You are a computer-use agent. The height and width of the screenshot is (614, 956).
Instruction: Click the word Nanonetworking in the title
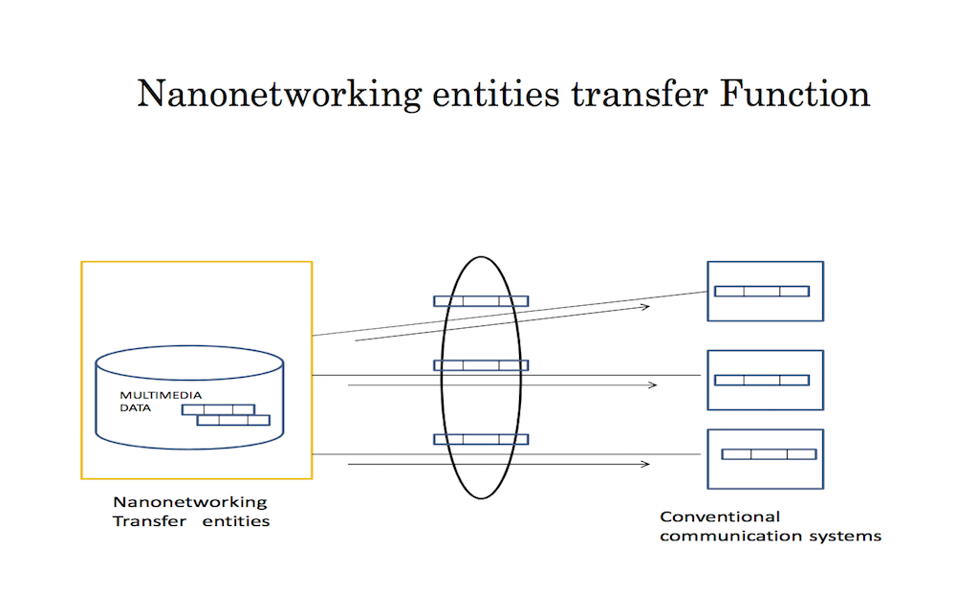[278, 95]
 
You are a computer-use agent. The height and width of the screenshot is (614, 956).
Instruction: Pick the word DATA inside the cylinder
[136, 408]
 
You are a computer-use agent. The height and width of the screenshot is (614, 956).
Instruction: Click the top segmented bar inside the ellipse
[481, 301]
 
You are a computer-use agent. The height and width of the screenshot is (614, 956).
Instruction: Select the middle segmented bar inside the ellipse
[481, 365]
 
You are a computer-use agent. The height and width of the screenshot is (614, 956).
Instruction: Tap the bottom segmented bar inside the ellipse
[481, 439]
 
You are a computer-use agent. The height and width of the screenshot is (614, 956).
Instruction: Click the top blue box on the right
[764, 291]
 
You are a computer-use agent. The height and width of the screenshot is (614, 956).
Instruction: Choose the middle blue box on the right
[764, 380]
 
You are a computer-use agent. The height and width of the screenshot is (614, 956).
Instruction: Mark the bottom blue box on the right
[764, 458]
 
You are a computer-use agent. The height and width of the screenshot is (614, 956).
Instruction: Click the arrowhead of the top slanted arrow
[646, 307]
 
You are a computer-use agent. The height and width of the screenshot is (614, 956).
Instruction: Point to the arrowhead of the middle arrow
[653, 385]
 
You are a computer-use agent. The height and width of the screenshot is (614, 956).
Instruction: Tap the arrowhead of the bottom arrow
[647, 465]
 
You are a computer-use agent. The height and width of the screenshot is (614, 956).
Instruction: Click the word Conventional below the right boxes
[706, 516]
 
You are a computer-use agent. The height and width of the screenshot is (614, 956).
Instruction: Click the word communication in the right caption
[725, 536]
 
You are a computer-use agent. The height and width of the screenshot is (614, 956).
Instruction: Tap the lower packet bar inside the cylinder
[233, 419]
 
